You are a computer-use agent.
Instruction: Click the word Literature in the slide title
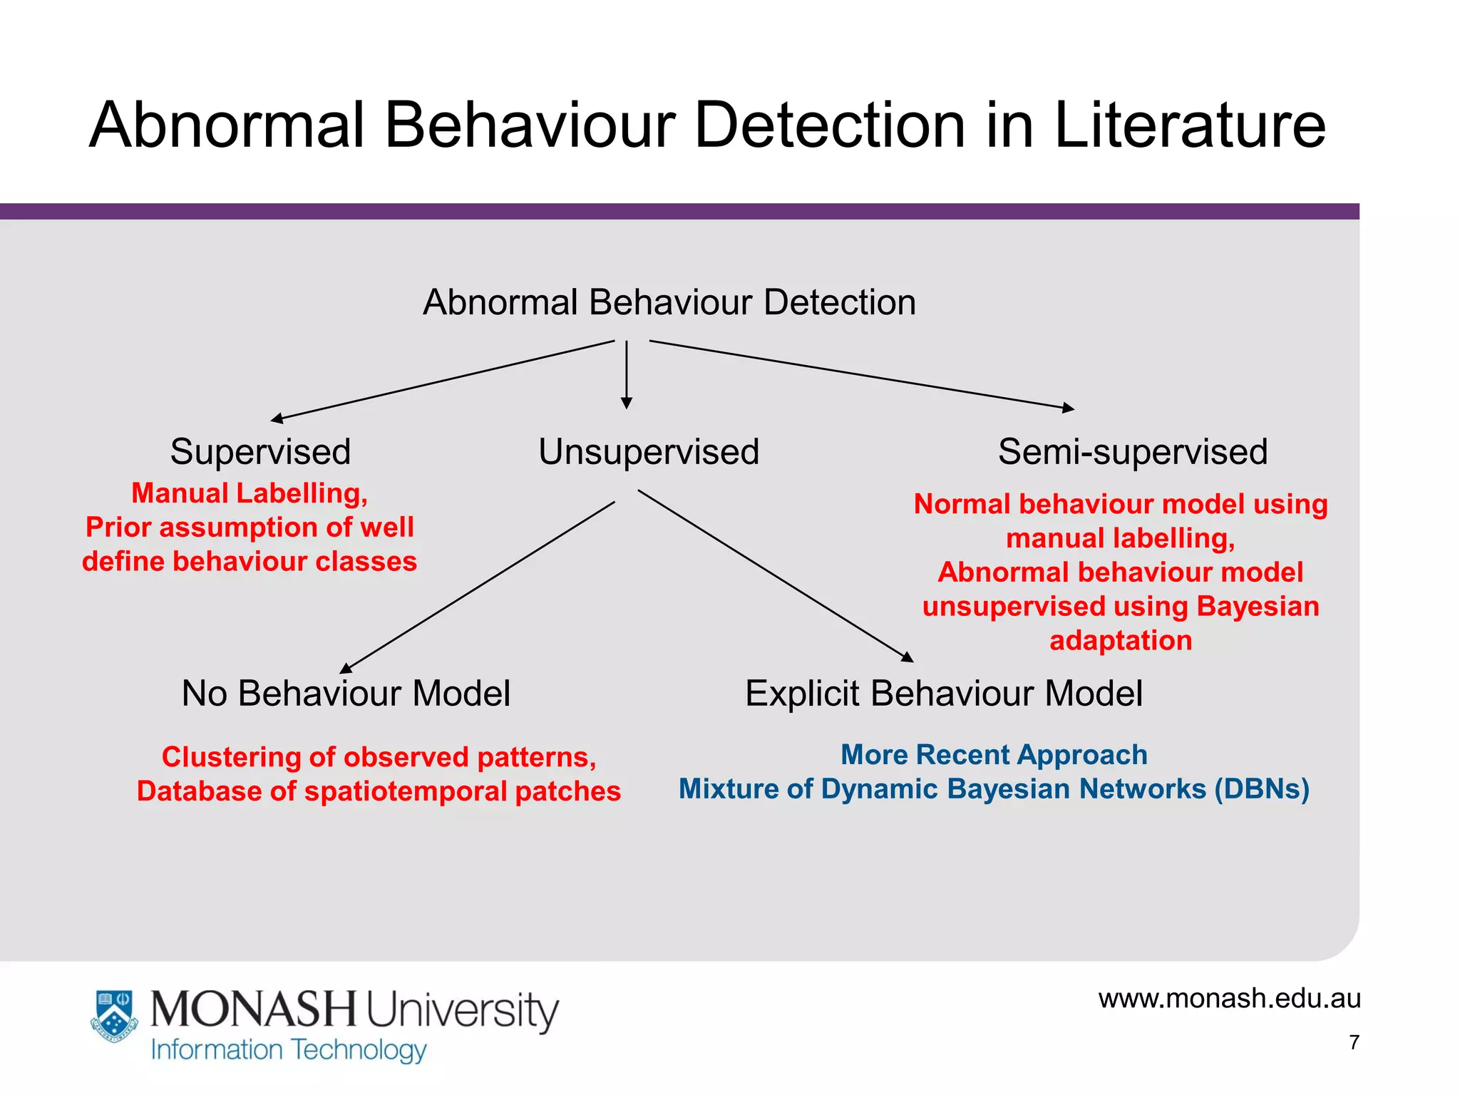coord(1189,126)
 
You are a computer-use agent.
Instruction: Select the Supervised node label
coord(260,452)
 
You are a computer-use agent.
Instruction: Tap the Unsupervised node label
coord(649,452)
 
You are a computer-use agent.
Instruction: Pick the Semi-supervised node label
coord(1132,452)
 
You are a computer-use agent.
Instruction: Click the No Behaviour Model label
coord(346,694)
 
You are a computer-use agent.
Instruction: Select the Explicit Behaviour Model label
coord(943,694)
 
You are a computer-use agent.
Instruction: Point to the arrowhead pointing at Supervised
coord(277,418)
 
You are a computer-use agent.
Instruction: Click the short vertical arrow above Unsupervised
coord(627,374)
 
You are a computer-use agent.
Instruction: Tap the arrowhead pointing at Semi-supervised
coord(1068,408)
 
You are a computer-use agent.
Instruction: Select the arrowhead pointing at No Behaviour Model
coord(346,669)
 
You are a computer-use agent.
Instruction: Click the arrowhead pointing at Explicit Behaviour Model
coord(907,657)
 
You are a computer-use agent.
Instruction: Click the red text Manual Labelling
coord(250,493)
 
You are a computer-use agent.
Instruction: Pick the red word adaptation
coord(1121,640)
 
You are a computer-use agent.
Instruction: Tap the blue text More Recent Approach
coord(994,754)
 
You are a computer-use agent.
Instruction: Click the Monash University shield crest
coord(115,1015)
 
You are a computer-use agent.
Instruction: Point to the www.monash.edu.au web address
coord(1229,998)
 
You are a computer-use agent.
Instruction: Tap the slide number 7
coord(1354,1042)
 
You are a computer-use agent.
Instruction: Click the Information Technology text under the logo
coord(289,1050)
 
